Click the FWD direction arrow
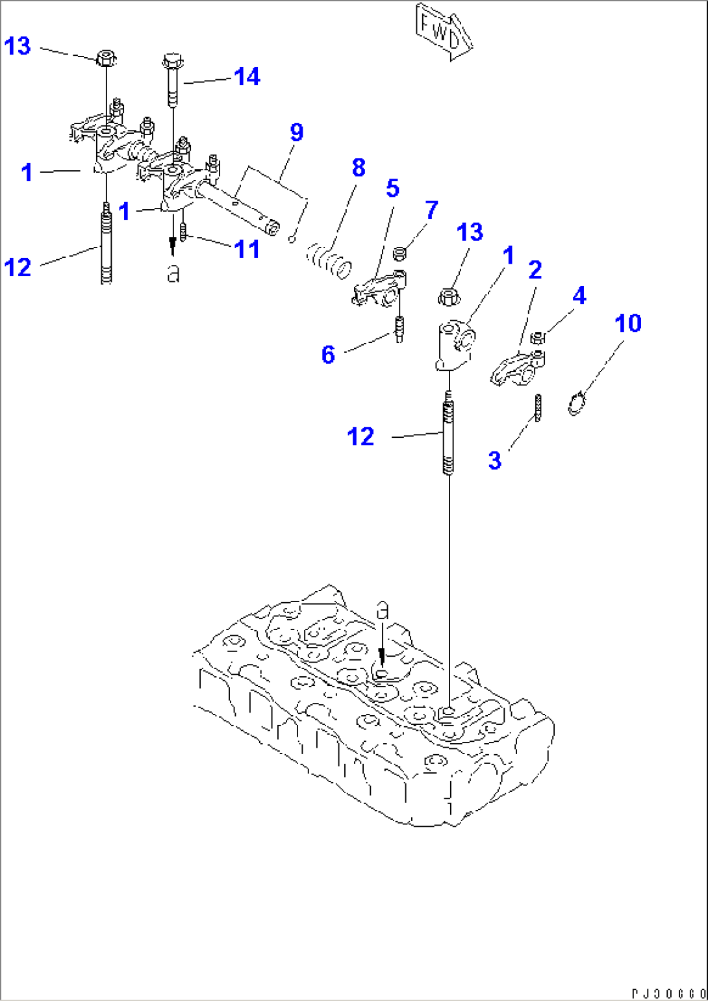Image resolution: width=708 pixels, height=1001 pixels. coord(443,32)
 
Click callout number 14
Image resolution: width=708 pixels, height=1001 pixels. coord(247,77)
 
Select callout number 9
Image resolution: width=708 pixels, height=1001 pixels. coord(296,132)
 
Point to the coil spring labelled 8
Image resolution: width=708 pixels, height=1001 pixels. coord(329,260)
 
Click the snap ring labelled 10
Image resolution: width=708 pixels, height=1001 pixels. coord(576,404)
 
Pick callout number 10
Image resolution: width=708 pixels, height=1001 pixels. coord(627,323)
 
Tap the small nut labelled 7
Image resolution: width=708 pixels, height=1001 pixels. coord(401,253)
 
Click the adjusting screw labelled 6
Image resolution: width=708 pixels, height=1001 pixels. coord(399,327)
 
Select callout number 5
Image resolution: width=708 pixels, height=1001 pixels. coord(392,188)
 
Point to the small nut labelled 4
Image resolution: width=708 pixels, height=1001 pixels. coord(537,337)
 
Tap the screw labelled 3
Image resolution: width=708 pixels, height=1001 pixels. coord(538,407)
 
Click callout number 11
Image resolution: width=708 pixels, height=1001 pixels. coord(247,249)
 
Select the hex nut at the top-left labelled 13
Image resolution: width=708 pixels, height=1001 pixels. coord(106,58)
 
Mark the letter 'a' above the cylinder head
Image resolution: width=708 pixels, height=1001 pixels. coord(383,610)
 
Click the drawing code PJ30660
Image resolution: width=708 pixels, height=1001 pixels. coord(668,993)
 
